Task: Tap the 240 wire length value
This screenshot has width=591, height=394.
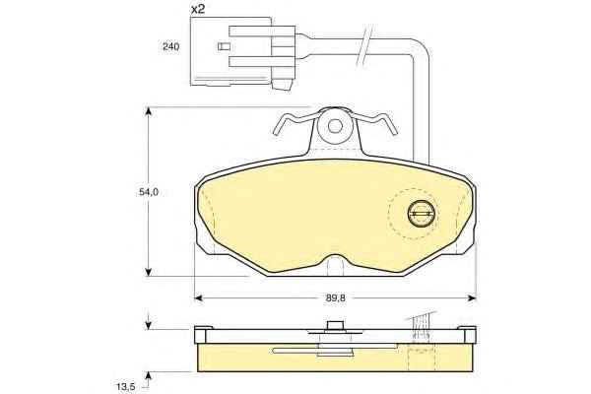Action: tap(170, 46)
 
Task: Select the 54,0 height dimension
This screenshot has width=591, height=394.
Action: tap(149, 192)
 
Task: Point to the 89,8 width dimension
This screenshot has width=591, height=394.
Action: tap(336, 297)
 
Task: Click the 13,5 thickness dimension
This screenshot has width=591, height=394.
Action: tap(125, 386)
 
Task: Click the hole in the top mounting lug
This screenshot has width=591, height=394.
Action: tap(335, 125)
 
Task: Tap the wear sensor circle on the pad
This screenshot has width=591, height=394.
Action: tap(422, 214)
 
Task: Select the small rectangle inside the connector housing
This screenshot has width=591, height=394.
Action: tap(224, 46)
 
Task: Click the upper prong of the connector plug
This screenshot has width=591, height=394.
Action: tap(262, 32)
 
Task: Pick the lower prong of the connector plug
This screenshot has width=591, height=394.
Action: tap(262, 62)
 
